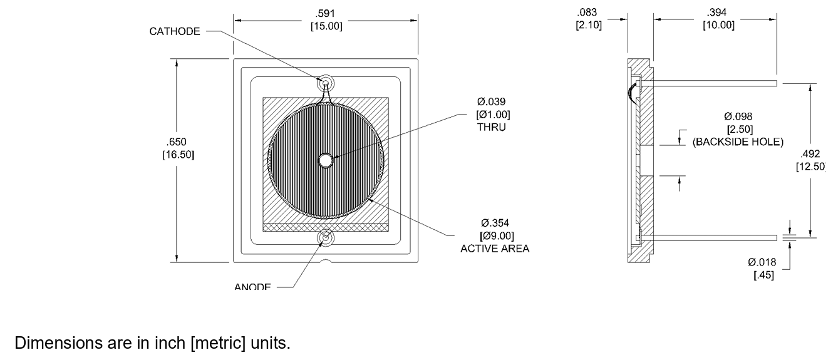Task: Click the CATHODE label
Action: [174, 31]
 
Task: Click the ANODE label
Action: [252, 287]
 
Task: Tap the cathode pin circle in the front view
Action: [326, 83]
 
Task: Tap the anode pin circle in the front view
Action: [326, 237]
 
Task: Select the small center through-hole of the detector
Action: [326, 160]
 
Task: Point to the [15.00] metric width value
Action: [326, 26]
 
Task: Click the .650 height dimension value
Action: [178, 142]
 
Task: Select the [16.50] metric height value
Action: [178, 154]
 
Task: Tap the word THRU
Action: [491, 127]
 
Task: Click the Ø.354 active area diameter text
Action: [494, 224]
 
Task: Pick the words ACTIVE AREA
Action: [495, 249]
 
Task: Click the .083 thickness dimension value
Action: [589, 13]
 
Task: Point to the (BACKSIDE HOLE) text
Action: [737, 141]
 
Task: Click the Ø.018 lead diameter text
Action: [762, 262]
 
